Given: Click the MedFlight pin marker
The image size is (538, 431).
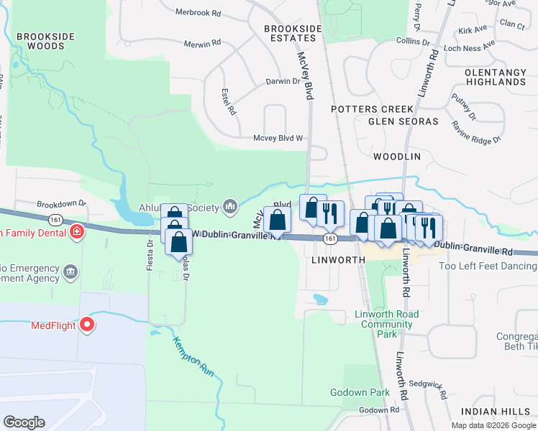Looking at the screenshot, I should click(x=88, y=325).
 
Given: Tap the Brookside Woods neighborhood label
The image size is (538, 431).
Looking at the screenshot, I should click(x=42, y=41).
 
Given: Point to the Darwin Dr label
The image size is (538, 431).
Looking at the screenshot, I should click(x=283, y=82).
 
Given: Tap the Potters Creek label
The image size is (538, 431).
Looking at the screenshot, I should click(x=363, y=108).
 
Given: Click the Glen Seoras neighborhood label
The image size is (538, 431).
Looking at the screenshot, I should click(x=403, y=121).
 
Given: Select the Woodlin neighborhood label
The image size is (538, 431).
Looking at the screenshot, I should click(x=396, y=156).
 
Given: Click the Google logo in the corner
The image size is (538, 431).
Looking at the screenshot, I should click(x=24, y=422).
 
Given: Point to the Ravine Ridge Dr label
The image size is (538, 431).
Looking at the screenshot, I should click(x=476, y=131).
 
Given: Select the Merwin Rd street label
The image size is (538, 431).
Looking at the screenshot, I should click(x=201, y=44).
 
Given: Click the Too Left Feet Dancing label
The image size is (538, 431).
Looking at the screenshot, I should click(x=488, y=267).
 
